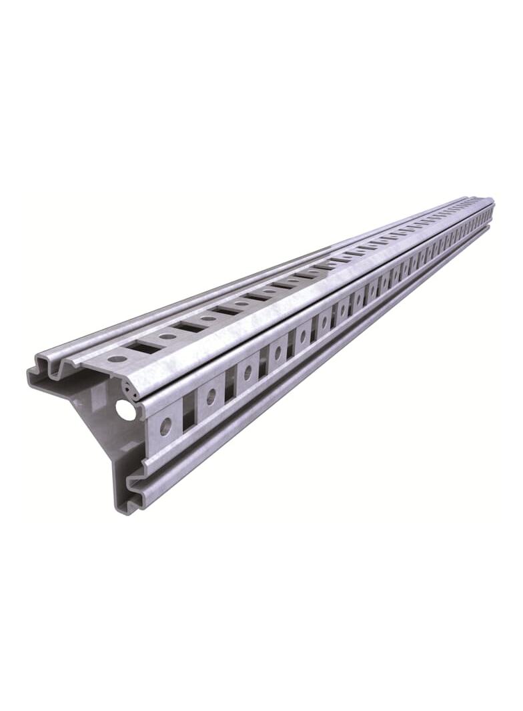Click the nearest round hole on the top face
coord(117,359)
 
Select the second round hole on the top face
coord(167,336)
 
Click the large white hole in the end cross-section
coord(125,410)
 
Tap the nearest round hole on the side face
coord(165,424)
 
